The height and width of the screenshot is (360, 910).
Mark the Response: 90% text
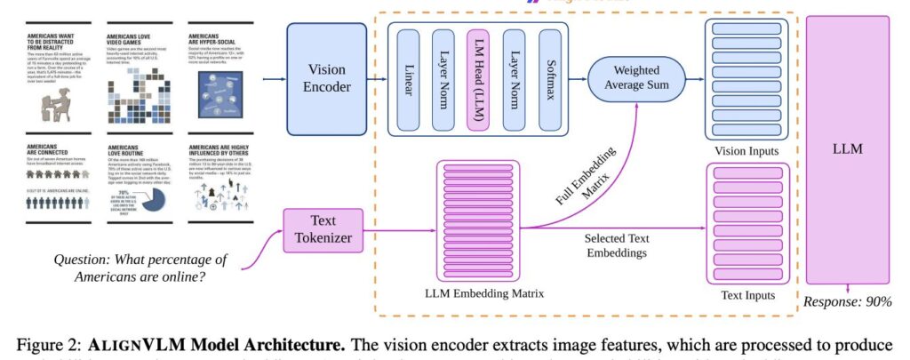tap(847, 301)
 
